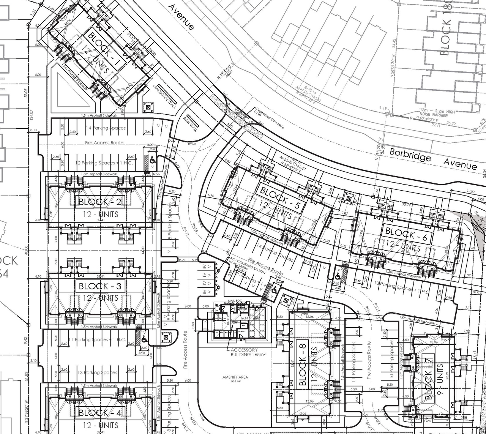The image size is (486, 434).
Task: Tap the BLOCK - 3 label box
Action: point(100,286)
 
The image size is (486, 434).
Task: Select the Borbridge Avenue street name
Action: point(433,159)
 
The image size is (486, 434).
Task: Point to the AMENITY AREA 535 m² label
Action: point(235,379)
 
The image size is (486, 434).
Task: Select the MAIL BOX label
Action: point(235,300)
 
